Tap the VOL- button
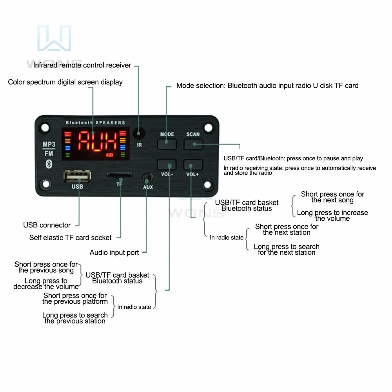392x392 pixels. tap(167, 164)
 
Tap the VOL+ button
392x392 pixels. tap(193, 164)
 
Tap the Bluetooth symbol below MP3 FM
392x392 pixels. tap(49, 164)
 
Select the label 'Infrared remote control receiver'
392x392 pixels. tap(82, 65)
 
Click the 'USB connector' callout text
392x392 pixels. tap(47, 225)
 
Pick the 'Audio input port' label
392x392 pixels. tap(114, 252)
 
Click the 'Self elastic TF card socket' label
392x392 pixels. tap(70, 238)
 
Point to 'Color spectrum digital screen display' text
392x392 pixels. tap(65, 82)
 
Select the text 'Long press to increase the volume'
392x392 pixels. tap(332, 216)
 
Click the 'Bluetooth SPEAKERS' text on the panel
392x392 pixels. tap(95, 123)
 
